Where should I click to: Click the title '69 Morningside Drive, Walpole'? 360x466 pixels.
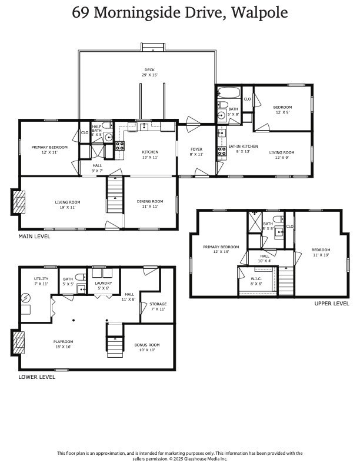pos(180,13)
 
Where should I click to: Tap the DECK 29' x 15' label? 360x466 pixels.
pos(149,72)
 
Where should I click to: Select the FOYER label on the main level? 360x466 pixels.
pos(196,152)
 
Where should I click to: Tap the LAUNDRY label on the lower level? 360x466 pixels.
pos(103,285)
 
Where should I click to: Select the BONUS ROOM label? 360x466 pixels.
pos(146,347)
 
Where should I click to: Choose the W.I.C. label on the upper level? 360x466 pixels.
pos(256,281)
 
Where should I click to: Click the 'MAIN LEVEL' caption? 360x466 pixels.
pos(34,237)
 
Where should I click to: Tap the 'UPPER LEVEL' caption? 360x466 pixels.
pos(332,304)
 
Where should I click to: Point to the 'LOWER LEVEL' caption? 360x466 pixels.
pos(36,377)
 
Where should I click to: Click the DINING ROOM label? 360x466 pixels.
pos(150,204)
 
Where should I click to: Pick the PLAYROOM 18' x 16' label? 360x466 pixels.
pos(63,344)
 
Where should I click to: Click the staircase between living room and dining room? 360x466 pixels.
pos(115,197)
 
